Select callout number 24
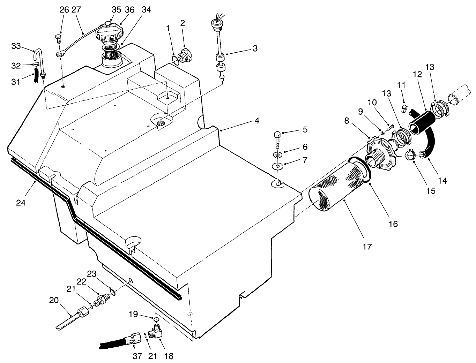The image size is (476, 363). tap(21, 202)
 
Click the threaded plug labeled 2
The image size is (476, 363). tap(185, 56)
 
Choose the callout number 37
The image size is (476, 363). tap(134, 356)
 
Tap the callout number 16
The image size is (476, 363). tap(393, 224)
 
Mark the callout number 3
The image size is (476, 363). tap(255, 48)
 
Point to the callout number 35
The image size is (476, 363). tap(117, 10)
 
